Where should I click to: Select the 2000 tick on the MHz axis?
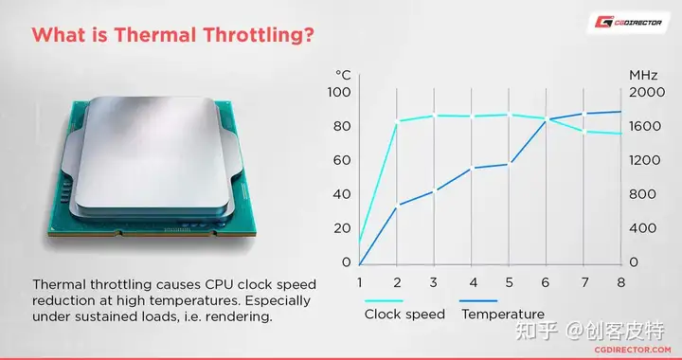click(x=647, y=92)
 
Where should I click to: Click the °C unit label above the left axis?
click(x=343, y=75)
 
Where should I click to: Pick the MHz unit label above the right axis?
click(x=643, y=75)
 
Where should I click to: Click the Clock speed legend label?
click(x=404, y=315)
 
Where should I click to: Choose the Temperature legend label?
click(x=503, y=315)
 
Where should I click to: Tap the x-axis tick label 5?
click(x=510, y=282)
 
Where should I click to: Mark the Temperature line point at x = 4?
click(x=472, y=169)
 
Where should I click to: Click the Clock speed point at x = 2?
click(x=397, y=122)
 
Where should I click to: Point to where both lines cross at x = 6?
click(x=547, y=119)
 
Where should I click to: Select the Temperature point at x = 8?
click(x=620, y=112)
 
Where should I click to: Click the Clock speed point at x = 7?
click(x=583, y=132)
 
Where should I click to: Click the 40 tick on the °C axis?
click(x=342, y=194)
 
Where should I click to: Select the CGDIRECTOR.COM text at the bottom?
click(x=633, y=350)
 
